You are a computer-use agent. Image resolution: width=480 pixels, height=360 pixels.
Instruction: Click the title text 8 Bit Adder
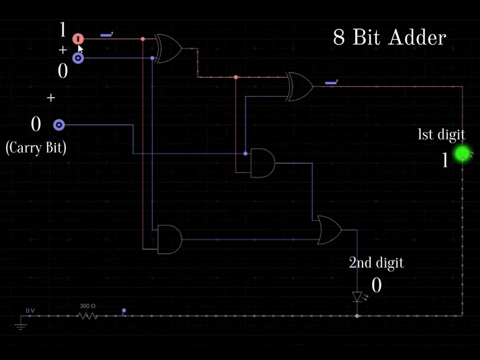[x=389, y=38]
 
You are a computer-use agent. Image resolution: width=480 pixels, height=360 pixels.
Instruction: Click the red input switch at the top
[x=78, y=39]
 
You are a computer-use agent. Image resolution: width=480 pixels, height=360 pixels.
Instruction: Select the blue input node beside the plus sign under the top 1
[x=78, y=58]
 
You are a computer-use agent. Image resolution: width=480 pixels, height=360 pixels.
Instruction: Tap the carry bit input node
[x=59, y=125]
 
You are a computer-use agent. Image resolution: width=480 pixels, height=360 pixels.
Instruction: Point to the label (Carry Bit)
[x=35, y=148]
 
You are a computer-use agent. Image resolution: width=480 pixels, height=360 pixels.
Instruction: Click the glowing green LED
[x=463, y=154]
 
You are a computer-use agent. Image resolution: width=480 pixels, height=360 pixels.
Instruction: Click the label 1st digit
[x=441, y=135]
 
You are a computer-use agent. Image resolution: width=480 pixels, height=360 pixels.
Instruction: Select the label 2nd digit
[x=376, y=262]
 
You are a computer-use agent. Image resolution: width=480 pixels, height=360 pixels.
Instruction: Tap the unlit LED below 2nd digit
[x=358, y=297]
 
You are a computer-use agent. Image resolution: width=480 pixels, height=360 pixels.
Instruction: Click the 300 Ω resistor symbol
[x=88, y=314]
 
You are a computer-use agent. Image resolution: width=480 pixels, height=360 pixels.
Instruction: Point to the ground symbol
[x=20, y=326]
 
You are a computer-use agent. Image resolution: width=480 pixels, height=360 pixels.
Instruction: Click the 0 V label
[x=30, y=311]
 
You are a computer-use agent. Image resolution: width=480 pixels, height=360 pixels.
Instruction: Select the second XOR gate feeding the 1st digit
[x=300, y=86]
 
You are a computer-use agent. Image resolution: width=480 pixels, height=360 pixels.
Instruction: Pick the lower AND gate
[x=169, y=239]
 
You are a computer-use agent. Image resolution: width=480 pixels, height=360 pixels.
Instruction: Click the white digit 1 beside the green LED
[x=445, y=160]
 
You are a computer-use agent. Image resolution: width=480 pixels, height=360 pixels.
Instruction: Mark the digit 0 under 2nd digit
[x=376, y=285]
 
